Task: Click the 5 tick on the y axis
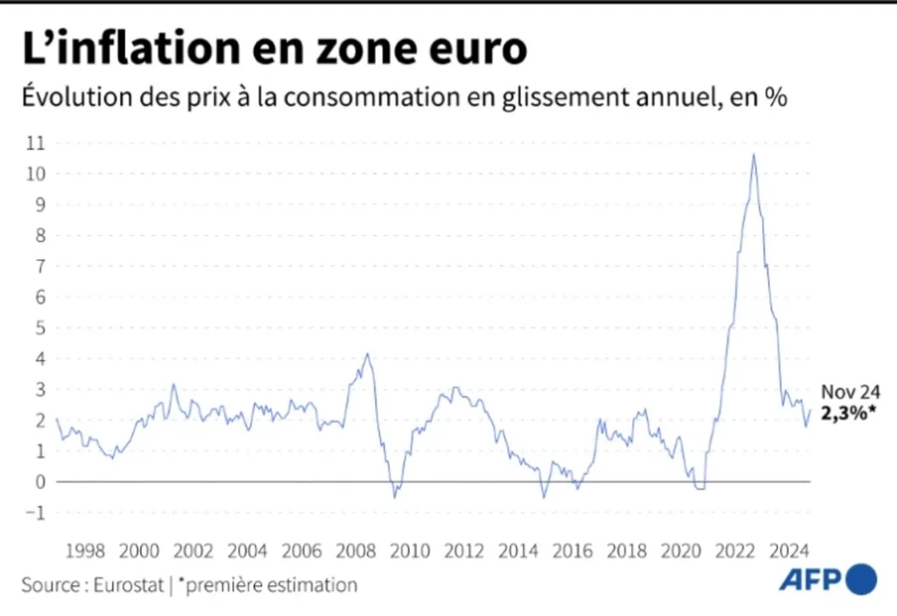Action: click(x=38, y=328)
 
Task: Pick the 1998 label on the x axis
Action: click(x=86, y=551)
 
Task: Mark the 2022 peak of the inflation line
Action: click(x=753, y=155)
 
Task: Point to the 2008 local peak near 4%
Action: click(x=367, y=354)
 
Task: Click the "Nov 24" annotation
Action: click(x=851, y=393)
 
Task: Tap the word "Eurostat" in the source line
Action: click(x=127, y=584)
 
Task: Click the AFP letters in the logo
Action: click(x=809, y=579)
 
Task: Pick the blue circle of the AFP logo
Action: click(x=861, y=578)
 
